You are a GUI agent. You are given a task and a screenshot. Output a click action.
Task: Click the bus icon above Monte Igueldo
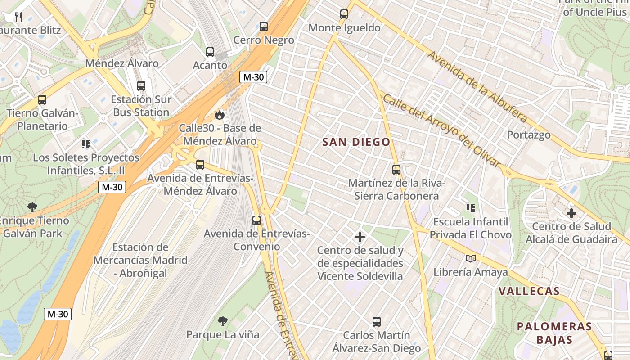(x=344, y=14)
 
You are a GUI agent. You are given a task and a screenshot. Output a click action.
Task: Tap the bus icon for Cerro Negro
(x=264, y=27)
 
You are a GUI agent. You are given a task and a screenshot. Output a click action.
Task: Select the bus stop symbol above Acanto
(x=210, y=52)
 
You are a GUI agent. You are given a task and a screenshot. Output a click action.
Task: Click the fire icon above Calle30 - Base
(x=220, y=115)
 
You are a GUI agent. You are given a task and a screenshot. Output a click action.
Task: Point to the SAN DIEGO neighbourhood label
(x=356, y=142)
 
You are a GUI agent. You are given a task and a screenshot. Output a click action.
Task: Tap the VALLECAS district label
(x=529, y=291)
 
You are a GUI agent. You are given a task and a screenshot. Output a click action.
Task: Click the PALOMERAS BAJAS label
(x=554, y=333)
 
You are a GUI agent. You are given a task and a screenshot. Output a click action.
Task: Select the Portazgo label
(x=529, y=135)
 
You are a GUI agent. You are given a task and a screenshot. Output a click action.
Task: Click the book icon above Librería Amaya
(x=471, y=258)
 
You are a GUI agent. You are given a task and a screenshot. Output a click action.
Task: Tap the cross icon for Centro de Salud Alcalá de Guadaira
(x=571, y=213)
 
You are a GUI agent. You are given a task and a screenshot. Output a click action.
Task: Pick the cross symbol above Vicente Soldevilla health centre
(x=360, y=237)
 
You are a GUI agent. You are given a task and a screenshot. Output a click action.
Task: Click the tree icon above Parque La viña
(x=223, y=321)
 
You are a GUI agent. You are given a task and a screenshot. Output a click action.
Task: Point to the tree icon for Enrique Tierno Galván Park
(x=32, y=207)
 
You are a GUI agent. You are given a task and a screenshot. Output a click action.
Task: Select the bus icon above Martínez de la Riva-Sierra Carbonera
(x=396, y=170)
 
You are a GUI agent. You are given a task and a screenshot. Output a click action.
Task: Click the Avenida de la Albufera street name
(x=477, y=86)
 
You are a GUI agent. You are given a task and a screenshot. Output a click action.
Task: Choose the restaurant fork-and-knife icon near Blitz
(x=18, y=17)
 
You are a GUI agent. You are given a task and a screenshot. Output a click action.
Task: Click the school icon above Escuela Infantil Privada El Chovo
(x=471, y=208)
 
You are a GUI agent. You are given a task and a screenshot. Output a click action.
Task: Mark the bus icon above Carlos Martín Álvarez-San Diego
(x=377, y=322)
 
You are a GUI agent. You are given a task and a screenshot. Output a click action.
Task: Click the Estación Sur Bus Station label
(x=141, y=106)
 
